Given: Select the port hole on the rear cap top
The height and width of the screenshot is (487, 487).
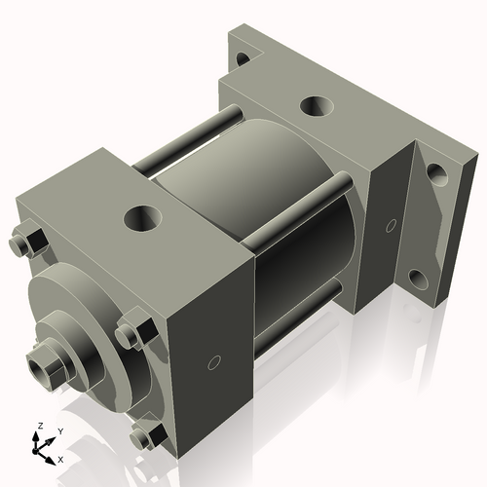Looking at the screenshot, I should tap(316, 106).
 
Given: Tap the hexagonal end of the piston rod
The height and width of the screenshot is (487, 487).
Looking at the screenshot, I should tap(45, 366).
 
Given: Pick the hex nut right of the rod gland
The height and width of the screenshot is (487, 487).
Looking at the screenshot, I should tap(133, 332).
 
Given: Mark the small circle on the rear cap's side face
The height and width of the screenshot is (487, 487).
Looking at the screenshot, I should tap(391, 226).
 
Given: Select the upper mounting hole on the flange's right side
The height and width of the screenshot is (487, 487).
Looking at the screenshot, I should tap(436, 174).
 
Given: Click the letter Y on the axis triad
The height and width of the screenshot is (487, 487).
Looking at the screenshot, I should tap(59, 431).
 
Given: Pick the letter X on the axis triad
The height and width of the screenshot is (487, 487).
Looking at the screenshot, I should tap(61, 458).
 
